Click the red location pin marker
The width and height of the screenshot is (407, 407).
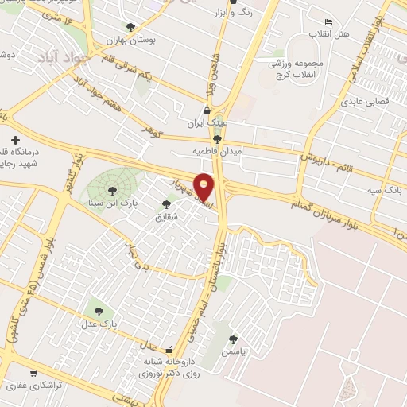pos(204,186)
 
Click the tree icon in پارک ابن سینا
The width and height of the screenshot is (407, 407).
pos(111,190)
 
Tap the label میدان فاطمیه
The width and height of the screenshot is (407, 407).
pos(217,149)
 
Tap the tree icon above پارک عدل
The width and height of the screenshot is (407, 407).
pos(99,312)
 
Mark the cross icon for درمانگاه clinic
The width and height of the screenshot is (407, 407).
pos(15,140)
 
